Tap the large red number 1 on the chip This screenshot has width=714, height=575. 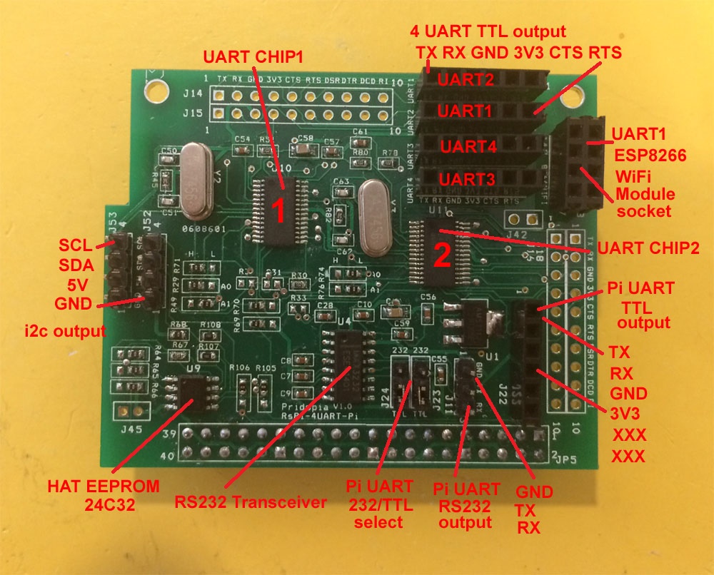[x=280, y=210]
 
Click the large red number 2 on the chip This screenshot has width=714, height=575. [x=442, y=255]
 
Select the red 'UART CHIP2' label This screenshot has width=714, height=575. [x=648, y=249]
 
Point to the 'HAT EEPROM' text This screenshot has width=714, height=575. [x=104, y=487]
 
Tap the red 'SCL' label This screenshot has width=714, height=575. [x=76, y=245]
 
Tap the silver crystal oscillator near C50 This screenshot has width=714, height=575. [x=195, y=180]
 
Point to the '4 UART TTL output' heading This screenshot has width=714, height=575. [x=488, y=31]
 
